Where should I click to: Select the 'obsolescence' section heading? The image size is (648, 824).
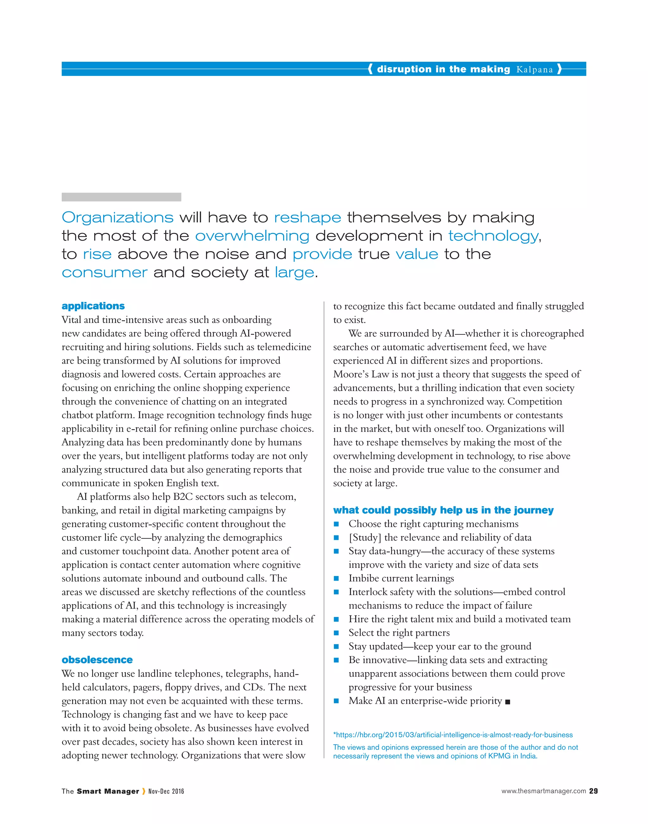point(97,660)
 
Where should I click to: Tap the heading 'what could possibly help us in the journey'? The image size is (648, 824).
point(443,510)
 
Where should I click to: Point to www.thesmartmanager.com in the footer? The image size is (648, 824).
point(543,791)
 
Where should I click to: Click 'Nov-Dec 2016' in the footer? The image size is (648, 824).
point(166,791)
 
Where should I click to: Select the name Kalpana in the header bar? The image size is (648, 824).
point(534,69)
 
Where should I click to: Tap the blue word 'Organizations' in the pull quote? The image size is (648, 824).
point(118,218)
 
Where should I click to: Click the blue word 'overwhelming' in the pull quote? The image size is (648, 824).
point(252,236)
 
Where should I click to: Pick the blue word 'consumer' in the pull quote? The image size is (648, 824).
point(104,272)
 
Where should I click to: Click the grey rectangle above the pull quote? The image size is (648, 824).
point(121,197)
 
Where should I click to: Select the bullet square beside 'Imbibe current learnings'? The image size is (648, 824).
point(336,578)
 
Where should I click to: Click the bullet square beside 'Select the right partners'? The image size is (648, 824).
point(336,633)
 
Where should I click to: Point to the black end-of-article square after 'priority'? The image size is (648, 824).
point(508,702)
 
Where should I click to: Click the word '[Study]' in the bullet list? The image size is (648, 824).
point(364,538)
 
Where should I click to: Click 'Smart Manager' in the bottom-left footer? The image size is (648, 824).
point(108,791)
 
